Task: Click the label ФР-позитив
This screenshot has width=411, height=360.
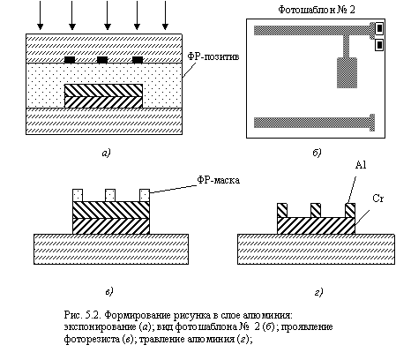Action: click(213, 56)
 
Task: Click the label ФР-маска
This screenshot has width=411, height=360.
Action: click(218, 180)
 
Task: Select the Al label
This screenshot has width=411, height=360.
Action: click(361, 165)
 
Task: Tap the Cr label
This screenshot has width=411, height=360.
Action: click(378, 199)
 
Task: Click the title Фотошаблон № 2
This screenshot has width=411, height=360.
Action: click(317, 10)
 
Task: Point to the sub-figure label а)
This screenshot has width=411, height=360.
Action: click(106, 153)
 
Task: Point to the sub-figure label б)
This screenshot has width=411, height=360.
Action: click(317, 153)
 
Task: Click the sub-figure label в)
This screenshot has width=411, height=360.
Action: click(109, 292)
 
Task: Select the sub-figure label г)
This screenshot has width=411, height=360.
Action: click(318, 292)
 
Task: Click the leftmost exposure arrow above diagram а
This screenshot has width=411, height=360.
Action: click(40, 15)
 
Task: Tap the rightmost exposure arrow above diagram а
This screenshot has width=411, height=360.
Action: click(165, 15)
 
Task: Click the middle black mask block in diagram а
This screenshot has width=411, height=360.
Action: click(102, 60)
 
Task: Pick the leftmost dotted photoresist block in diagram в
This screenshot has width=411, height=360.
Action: click(78, 195)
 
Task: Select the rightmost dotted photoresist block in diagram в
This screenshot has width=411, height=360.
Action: click(145, 195)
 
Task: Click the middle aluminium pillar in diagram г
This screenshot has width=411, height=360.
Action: click(316, 210)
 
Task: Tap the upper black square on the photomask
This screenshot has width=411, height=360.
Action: click(379, 28)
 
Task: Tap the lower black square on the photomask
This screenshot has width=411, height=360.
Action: click(379, 45)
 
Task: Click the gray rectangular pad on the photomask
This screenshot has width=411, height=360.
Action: click(347, 72)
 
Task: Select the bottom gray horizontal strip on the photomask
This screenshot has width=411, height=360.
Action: click(314, 123)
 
